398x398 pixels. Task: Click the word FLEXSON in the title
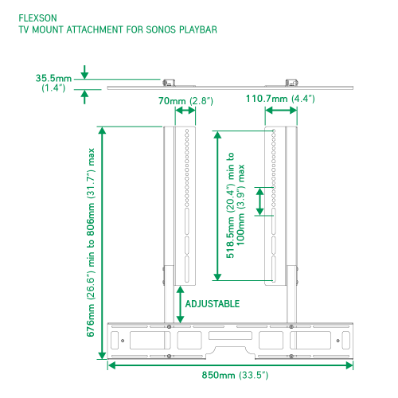[x=37, y=18]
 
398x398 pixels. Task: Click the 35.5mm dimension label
[x=53, y=78]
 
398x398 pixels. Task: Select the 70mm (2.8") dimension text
[x=185, y=101]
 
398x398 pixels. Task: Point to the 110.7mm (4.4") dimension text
[x=280, y=99]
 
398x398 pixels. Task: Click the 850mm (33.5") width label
[x=235, y=375]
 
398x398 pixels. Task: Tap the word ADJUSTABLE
[x=213, y=304]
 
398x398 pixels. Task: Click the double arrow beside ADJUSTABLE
[x=180, y=305]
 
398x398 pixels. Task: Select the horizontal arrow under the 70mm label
[x=185, y=111]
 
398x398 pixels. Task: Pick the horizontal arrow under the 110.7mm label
[x=281, y=111]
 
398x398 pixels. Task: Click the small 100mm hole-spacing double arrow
[x=259, y=201]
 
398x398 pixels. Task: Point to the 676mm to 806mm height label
[x=91, y=243]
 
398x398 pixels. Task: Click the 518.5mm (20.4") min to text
[x=230, y=205]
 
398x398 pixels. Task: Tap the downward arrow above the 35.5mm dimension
[x=84, y=72]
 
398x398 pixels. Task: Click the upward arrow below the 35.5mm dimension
[x=84, y=97]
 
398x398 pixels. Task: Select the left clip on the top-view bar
[x=169, y=83]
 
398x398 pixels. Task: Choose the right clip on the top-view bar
[x=291, y=83]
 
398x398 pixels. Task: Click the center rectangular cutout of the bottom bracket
[x=230, y=335]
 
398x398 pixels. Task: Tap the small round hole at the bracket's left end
[x=123, y=341]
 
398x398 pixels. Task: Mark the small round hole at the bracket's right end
[x=338, y=341]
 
